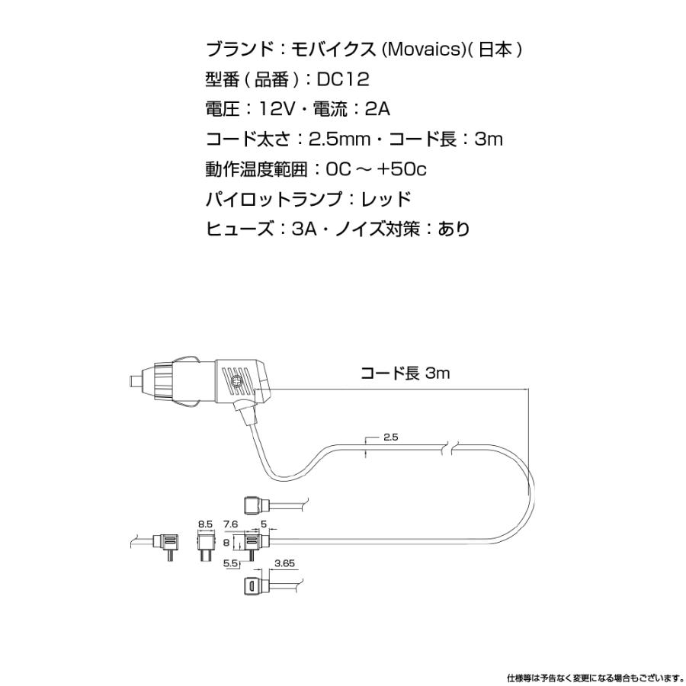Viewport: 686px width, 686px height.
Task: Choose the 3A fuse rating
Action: pyautogui.click(x=305, y=229)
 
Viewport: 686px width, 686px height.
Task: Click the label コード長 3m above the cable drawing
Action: pyautogui.click(x=406, y=373)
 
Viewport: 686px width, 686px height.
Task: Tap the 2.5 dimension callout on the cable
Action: pyautogui.click(x=391, y=437)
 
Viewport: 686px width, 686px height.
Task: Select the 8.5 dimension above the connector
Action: pyautogui.click(x=205, y=524)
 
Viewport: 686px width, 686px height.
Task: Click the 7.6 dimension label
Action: pyautogui.click(x=232, y=524)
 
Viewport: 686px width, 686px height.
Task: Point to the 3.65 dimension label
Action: pyautogui.click(x=284, y=565)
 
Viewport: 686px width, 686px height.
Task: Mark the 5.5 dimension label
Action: pyautogui.click(x=230, y=565)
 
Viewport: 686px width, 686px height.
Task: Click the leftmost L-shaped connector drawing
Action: pyautogui.click(x=166, y=544)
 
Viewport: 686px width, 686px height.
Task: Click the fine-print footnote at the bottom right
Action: pyautogui.click(x=594, y=677)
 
